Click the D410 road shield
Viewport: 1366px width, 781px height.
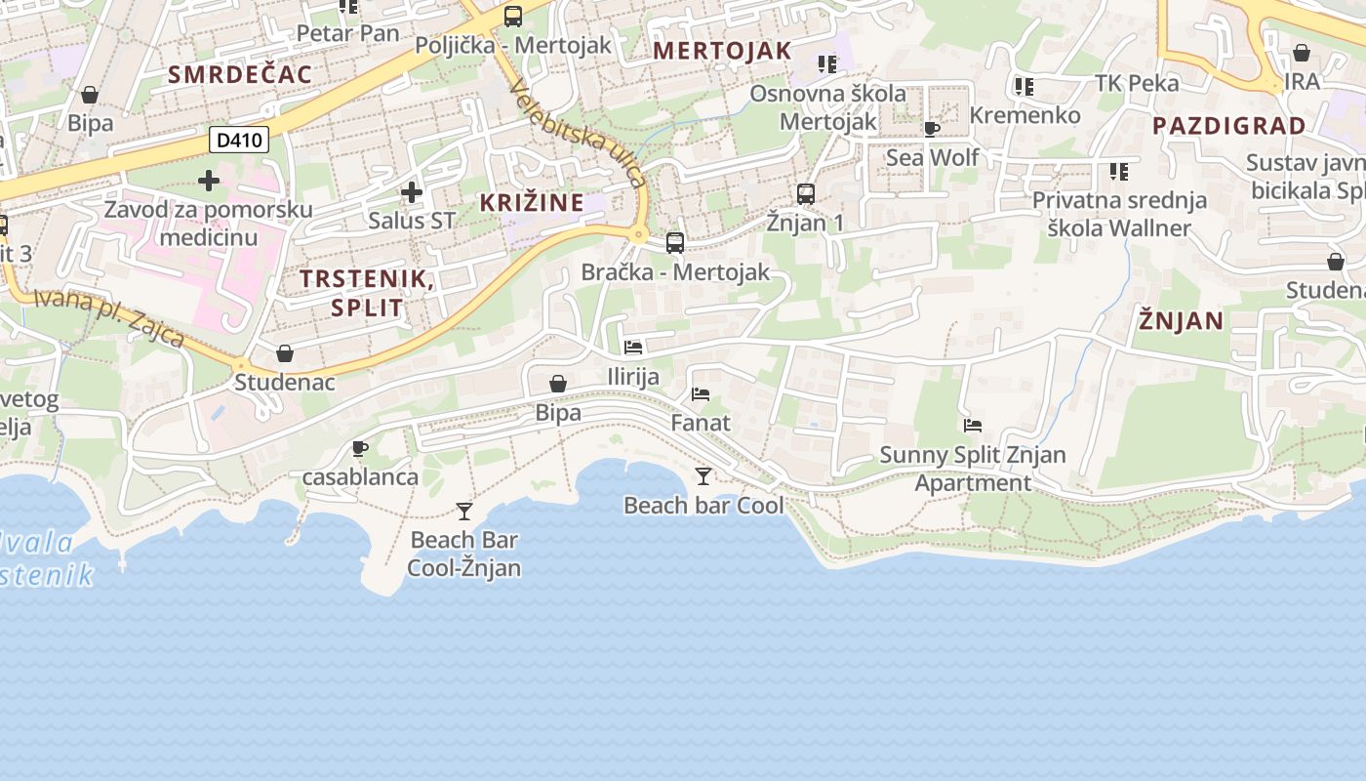pos(239,141)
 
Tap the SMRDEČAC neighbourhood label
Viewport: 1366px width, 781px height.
pos(240,74)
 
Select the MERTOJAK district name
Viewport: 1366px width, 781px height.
pos(722,51)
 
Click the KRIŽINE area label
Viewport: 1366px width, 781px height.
pos(532,203)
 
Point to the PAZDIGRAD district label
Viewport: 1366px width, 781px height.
pos(1228,126)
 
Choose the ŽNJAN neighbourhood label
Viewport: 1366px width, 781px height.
pos(1181,320)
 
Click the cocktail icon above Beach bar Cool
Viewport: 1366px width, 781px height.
pos(703,476)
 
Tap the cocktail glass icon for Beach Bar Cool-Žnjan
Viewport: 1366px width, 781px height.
pos(464,511)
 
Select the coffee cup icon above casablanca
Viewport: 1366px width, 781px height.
pos(360,448)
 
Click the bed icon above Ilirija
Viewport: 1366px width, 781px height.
pos(633,348)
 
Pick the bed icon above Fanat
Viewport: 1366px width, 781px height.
pos(701,394)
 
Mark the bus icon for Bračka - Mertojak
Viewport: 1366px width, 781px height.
pos(675,243)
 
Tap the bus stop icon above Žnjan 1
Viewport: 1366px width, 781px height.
pos(806,193)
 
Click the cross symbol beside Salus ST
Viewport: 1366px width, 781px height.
pos(412,192)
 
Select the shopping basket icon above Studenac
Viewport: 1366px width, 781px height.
pos(285,352)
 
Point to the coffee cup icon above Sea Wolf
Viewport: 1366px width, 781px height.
pos(932,128)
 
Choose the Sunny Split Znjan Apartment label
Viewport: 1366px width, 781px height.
pos(973,469)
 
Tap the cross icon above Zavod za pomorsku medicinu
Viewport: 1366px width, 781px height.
pos(209,181)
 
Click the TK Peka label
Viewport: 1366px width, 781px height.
pos(1137,83)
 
